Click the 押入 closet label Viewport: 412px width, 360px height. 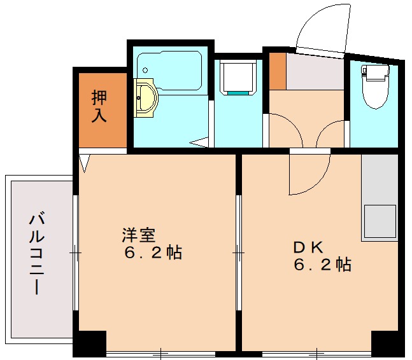pos(99,107)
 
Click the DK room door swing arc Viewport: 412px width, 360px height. pos(309,175)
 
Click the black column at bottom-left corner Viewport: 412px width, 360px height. pos(89,343)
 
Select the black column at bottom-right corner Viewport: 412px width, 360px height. pos(387,343)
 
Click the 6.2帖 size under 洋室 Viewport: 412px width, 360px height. pos(153,253)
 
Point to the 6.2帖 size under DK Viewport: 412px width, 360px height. pos(322,265)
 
